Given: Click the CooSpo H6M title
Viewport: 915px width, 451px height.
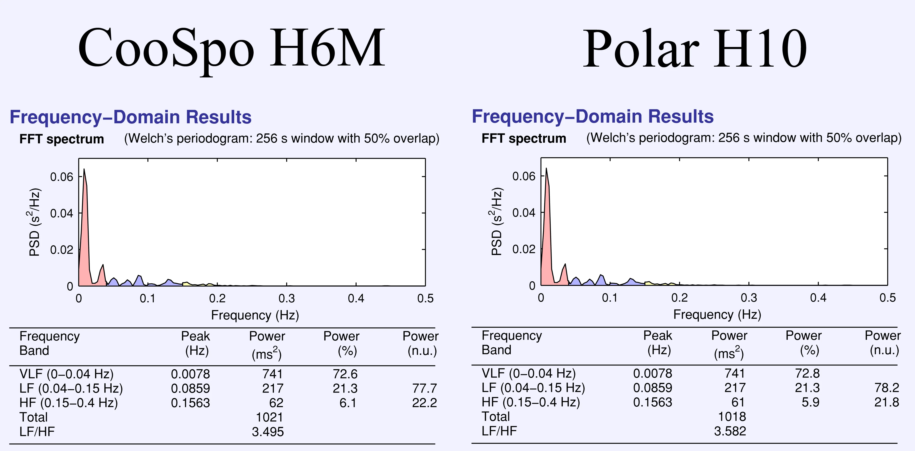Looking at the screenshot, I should (231, 48).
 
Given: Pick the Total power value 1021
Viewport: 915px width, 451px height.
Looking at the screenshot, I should (269, 417).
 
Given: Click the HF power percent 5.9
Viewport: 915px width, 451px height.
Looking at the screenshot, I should (810, 402).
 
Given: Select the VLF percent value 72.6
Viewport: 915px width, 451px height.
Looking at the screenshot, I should (345, 374).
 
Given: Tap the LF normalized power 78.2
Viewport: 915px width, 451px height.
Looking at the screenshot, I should (887, 388).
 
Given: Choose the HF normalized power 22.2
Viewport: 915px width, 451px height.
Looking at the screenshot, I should (425, 403).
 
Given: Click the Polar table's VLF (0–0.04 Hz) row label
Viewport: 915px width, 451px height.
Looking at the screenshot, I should (529, 373).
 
